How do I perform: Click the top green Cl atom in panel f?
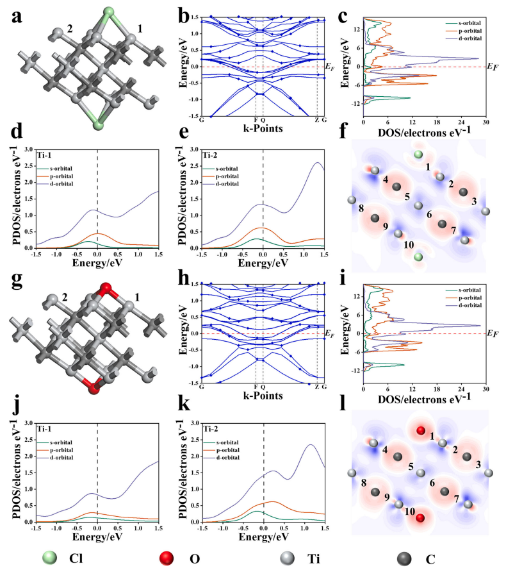(x=418, y=155)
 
